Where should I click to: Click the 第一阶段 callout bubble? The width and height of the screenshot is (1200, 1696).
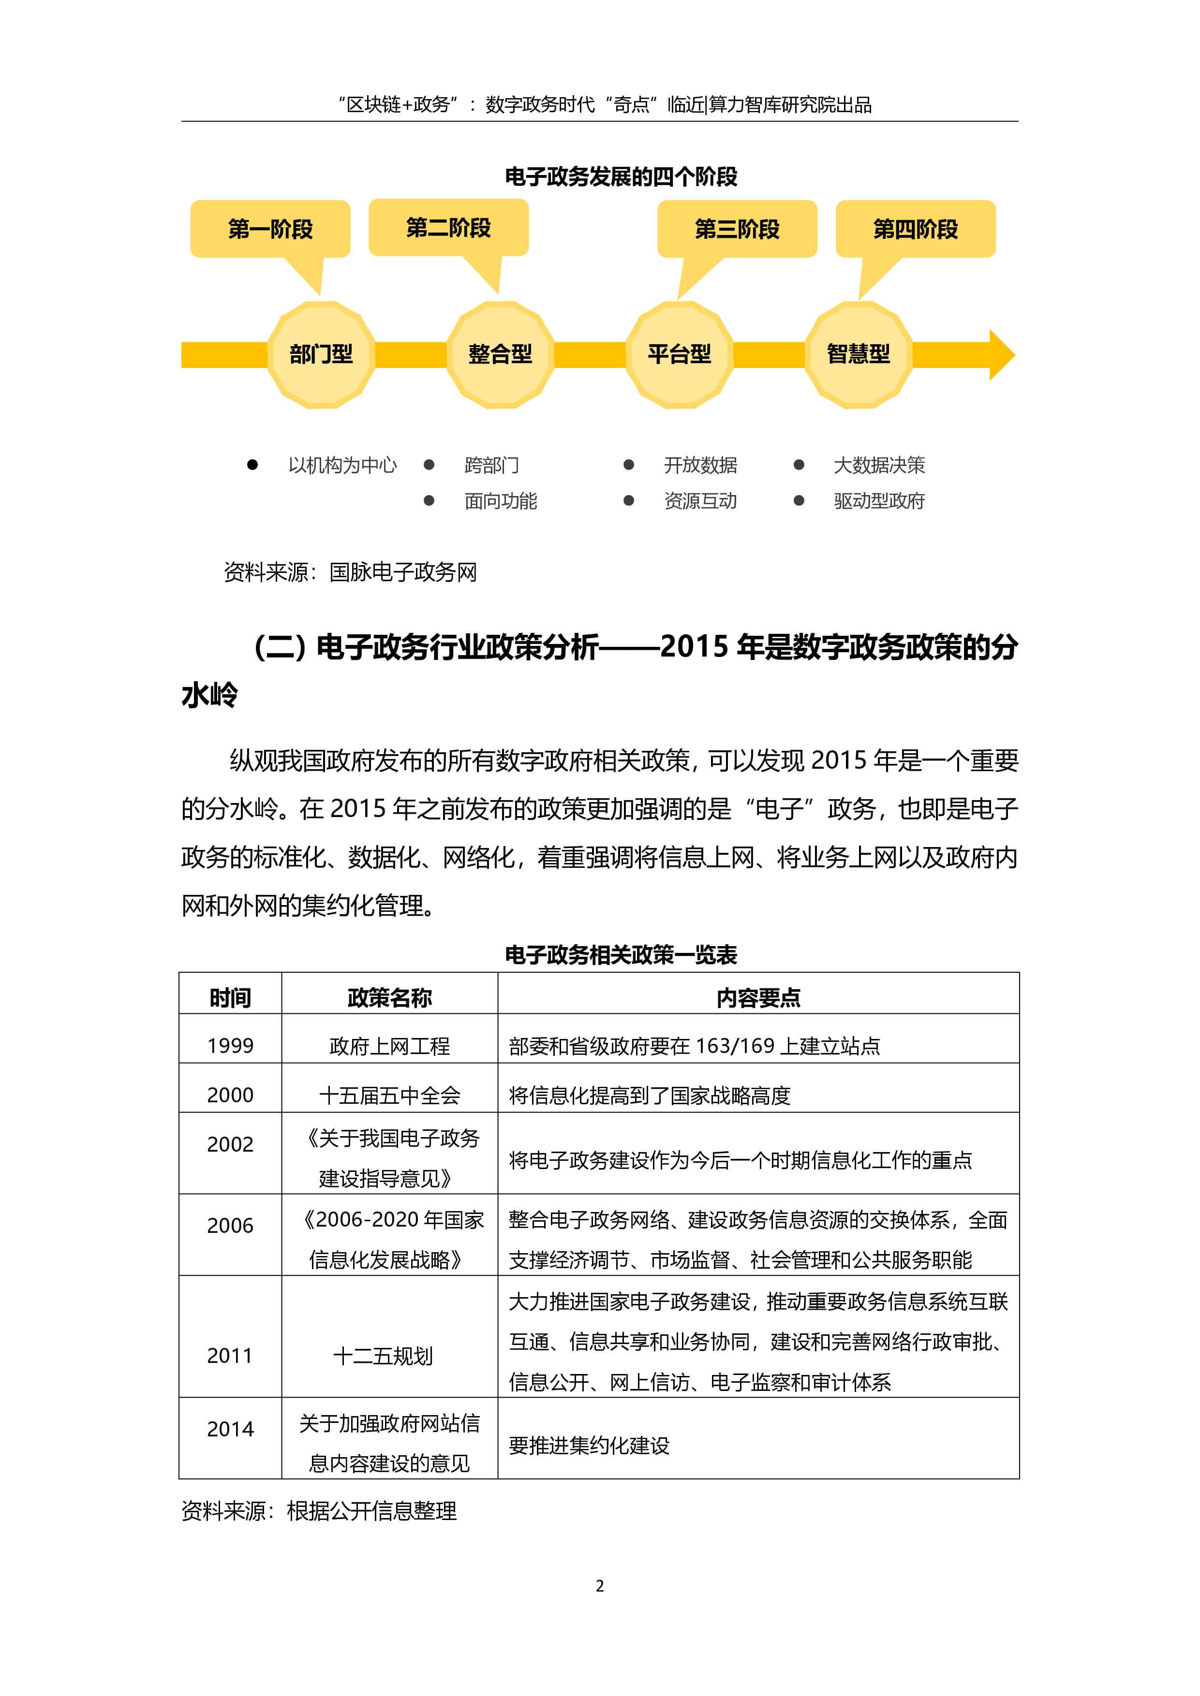point(270,229)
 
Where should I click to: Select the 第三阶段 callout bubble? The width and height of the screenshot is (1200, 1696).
point(737,229)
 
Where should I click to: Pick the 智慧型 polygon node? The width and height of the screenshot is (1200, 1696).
point(858,354)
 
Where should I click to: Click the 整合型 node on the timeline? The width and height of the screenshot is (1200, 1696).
point(500,354)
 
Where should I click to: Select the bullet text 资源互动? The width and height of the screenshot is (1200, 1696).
point(700,501)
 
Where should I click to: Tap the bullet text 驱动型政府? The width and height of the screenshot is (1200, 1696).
point(878,501)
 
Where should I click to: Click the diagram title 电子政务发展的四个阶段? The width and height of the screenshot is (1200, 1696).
point(621,176)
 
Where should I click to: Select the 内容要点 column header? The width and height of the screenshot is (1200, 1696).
point(758,998)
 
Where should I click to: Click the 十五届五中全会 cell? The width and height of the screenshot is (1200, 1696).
point(389,1095)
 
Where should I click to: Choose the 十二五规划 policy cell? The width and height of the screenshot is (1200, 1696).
point(383,1356)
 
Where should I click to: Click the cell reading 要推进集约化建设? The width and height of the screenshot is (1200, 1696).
point(589,1446)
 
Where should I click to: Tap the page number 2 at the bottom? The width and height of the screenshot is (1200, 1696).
point(600,1586)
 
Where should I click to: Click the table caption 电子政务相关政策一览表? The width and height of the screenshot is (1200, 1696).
point(621,955)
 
